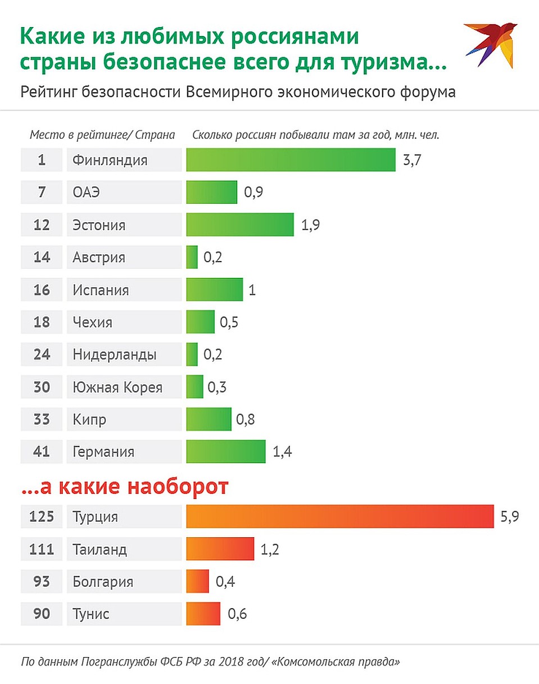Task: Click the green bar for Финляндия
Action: (x=291, y=160)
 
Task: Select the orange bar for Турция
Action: (x=339, y=516)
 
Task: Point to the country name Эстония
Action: (x=99, y=225)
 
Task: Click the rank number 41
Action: (x=42, y=452)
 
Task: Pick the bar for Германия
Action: (x=226, y=452)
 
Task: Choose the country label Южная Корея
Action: (x=117, y=387)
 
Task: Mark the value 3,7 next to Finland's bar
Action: (x=412, y=160)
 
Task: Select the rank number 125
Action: (x=42, y=516)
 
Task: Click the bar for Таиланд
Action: (x=220, y=548)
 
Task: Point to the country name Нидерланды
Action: (x=115, y=355)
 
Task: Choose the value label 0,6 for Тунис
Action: (x=238, y=614)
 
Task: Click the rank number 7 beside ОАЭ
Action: (x=42, y=192)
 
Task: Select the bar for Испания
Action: (x=215, y=290)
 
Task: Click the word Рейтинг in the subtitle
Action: (x=49, y=92)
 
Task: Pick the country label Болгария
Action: (x=103, y=581)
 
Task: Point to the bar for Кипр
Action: (x=209, y=420)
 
